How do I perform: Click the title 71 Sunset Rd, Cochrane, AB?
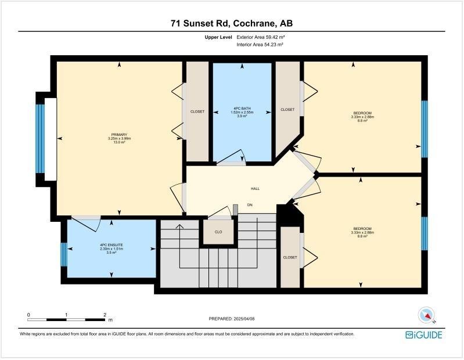pyautogui.click(x=232, y=23)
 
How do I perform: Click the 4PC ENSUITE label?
pyautogui.click(x=111, y=246)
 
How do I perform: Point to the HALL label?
pyautogui.click(x=254, y=189)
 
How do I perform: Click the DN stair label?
pyautogui.click(x=250, y=205)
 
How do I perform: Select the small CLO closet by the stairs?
pyautogui.click(x=218, y=232)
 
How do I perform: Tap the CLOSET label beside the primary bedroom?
pyautogui.click(x=197, y=111)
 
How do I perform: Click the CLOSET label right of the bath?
pyautogui.click(x=287, y=109)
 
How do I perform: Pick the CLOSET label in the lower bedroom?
pyautogui.click(x=290, y=257)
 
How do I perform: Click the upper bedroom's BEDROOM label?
pyautogui.click(x=362, y=113)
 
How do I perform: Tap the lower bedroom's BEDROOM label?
pyautogui.click(x=362, y=228)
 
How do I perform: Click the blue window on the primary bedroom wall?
pyautogui.click(x=40, y=139)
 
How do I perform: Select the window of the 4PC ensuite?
pyautogui.click(x=64, y=254)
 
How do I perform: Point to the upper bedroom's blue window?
pyautogui.click(x=424, y=129)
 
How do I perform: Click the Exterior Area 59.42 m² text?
pyautogui.click(x=260, y=37)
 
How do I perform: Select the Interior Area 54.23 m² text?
pyautogui.click(x=260, y=45)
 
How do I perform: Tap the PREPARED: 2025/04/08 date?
pyautogui.click(x=232, y=319)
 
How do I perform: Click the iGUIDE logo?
pyautogui.click(x=424, y=335)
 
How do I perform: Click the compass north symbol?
pyautogui.click(x=427, y=316)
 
